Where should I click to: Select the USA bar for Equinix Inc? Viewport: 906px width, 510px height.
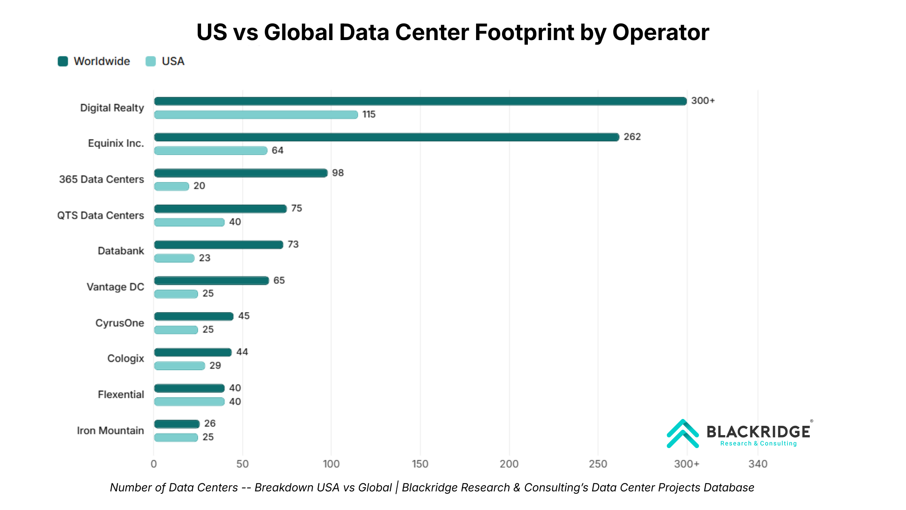click(211, 151)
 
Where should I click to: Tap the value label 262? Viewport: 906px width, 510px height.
click(632, 137)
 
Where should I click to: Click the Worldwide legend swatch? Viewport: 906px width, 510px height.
click(63, 61)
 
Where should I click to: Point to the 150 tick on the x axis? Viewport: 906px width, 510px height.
click(420, 464)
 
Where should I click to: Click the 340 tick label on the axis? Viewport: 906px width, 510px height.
click(758, 464)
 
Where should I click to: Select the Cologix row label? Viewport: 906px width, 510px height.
click(125, 359)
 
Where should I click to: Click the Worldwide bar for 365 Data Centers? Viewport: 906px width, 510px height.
click(241, 173)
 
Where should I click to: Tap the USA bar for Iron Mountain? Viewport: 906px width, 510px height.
click(176, 438)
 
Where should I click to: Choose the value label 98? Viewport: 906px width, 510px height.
click(338, 173)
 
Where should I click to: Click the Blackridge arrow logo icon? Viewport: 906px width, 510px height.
click(682, 434)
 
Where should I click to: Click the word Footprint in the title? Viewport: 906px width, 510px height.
click(525, 32)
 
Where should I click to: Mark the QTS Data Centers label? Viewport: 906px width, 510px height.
click(100, 215)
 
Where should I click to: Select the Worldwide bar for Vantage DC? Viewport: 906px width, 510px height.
click(212, 280)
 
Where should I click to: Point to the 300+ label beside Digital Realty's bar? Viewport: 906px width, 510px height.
click(703, 101)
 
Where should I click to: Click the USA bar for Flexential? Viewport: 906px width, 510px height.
click(189, 402)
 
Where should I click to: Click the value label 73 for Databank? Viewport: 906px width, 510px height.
click(293, 244)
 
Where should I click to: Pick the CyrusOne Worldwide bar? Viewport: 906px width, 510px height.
click(194, 317)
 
